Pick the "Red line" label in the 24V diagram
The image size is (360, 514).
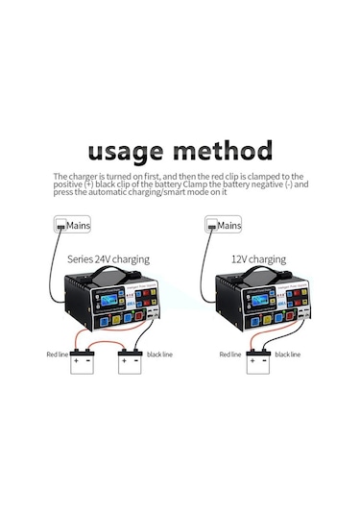[x=58, y=355]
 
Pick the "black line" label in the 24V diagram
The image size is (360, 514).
[x=160, y=355]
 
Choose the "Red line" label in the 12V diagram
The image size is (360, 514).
[x=230, y=355]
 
